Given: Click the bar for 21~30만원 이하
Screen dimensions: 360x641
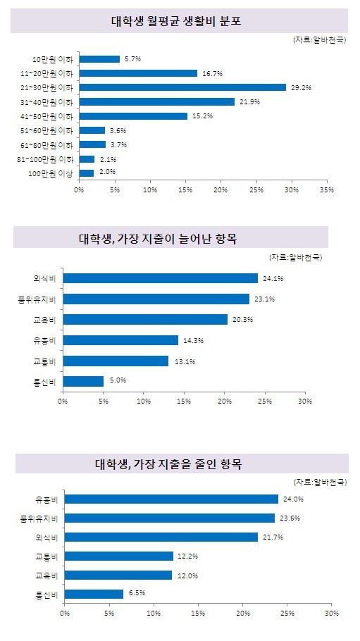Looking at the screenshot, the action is pyautogui.click(x=182, y=87).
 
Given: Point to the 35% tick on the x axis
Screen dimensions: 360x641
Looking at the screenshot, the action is pyautogui.click(x=328, y=190).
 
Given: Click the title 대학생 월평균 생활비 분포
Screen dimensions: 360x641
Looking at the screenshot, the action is pyautogui.click(x=176, y=21).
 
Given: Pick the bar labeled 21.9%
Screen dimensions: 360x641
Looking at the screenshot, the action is pyautogui.click(x=156, y=102).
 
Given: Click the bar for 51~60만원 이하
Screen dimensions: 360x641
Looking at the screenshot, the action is pyautogui.click(x=92, y=130).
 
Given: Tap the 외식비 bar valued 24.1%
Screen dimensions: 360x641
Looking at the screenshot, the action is pyautogui.click(x=161, y=278).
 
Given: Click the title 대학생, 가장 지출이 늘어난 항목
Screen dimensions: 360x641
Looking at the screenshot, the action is pyautogui.click(x=158, y=238).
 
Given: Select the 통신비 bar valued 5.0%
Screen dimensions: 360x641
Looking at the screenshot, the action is pyautogui.click(x=83, y=381).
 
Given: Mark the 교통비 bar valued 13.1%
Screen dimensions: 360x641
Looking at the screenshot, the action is pyautogui.click(x=116, y=361).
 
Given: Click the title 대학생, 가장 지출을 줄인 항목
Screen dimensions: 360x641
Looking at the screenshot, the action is pyautogui.click(x=168, y=465).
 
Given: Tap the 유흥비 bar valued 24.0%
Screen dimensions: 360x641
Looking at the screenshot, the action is pyautogui.click(x=171, y=499).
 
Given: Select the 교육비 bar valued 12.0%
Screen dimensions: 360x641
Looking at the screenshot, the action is pyautogui.click(x=118, y=575).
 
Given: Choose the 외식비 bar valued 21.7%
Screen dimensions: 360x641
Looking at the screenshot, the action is pyautogui.click(x=161, y=537).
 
